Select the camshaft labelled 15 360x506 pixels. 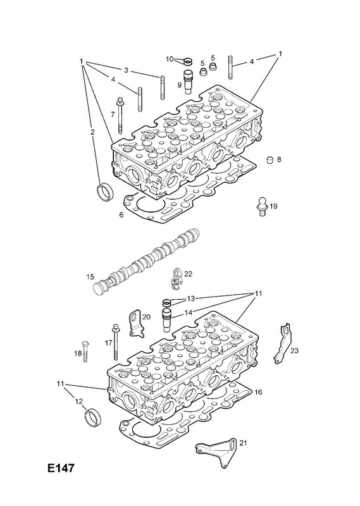[146, 261]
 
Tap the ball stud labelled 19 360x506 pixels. [262, 207]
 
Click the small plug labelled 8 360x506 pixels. [270, 160]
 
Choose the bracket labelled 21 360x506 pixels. [217, 452]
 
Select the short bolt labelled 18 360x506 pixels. [85, 351]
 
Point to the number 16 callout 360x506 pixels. [258, 392]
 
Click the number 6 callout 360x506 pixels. [121, 214]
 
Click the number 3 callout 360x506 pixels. [127, 70]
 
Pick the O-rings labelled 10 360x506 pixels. [187, 61]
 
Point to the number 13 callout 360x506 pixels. [191, 299]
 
